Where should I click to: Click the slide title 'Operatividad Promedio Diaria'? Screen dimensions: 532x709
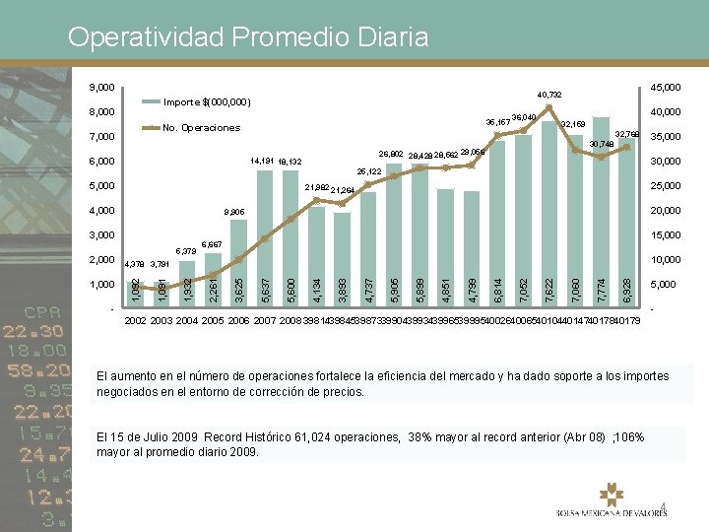click(x=248, y=37)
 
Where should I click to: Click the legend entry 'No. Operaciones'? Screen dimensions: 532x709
click(x=201, y=128)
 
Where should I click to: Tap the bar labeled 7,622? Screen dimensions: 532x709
click(x=548, y=222)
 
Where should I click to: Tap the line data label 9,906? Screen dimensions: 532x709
click(x=233, y=212)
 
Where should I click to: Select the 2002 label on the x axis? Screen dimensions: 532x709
click(x=136, y=321)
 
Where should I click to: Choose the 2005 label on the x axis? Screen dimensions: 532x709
click(x=213, y=321)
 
